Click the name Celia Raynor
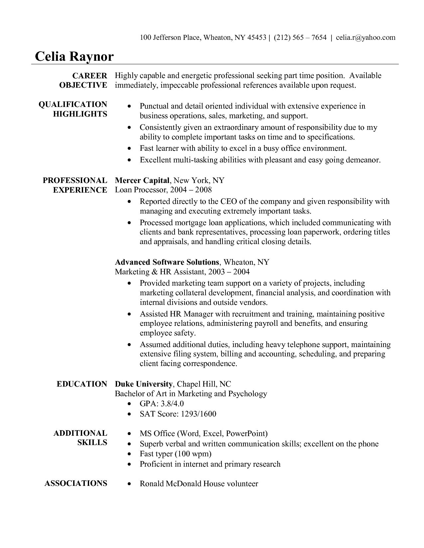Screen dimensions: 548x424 coord(74,56)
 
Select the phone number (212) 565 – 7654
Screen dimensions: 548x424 coord(300,37)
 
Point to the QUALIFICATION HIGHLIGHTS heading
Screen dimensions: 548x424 coord(73,109)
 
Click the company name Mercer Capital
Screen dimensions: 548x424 coord(142,180)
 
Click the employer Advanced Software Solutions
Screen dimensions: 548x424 coord(167,262)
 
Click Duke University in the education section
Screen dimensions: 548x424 coord(143,384)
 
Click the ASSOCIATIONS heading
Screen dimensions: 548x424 coord(76,483)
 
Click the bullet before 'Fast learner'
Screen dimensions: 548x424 coord(130,149)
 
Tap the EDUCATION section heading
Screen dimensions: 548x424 coord(82,384)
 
